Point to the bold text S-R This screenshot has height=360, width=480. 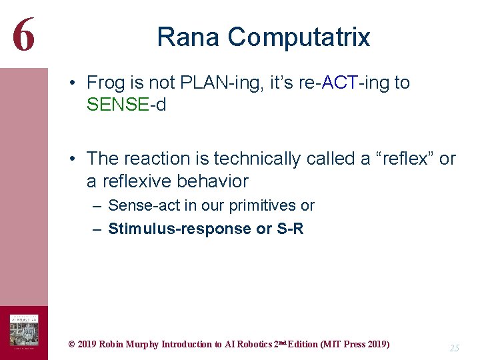pyautogui.click(x=289, y=229)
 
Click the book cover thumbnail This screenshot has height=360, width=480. pyautogui.click(x=23, y=329)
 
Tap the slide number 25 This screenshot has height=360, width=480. pyautogui.click(x=454, y=347)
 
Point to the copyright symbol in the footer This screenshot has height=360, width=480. pyautogui.click(x=71, y=345)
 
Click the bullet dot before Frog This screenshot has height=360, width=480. pyautogui.click(x=77, y=83)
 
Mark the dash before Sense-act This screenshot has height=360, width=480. pyautogui.click(x=97, y=206)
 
